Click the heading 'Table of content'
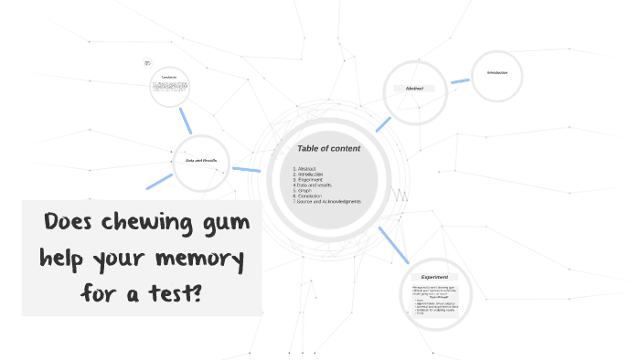tap(328, 148)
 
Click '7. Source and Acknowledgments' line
tap(327, 201)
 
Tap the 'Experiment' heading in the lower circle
tap(434, 277)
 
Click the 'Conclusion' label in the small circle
tap(169, 76)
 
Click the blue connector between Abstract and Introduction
tap(459, 81)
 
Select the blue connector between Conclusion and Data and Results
tap(186, 120)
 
